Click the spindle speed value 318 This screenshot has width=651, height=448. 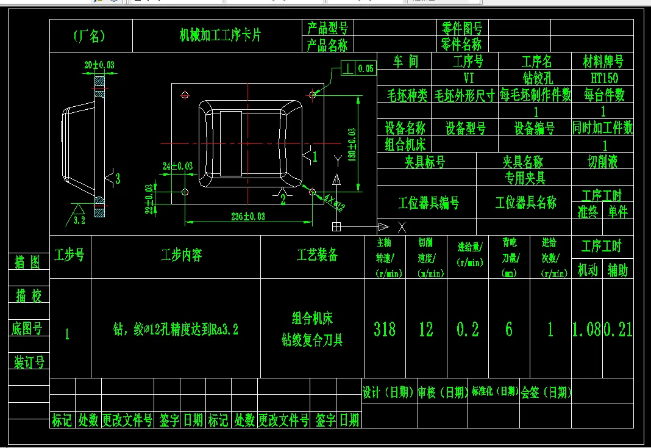click(385, 330)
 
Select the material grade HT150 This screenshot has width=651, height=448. click(603, 78)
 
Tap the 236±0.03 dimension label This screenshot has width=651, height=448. click(248, 215)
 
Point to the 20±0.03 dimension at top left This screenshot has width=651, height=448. click(99, 64)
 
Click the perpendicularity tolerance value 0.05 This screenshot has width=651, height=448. click(366, 69)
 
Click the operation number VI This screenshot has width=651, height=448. click(469, 78)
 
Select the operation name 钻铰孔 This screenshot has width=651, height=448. click(536, 78)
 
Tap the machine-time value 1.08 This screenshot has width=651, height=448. click(586, 330)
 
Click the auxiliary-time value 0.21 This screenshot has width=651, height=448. click(618, 330)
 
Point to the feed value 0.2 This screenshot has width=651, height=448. click(468, 330)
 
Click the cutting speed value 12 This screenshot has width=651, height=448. click(426, 330)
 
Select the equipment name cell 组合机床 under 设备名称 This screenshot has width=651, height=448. click(405, 144)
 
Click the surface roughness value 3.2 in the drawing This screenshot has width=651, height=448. click(79, 220)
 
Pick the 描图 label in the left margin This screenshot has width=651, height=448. click(27, 262)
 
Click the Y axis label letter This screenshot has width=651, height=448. click(337, 159)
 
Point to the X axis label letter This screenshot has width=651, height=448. click(402, 227)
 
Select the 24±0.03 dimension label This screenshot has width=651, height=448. click(177, 165)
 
